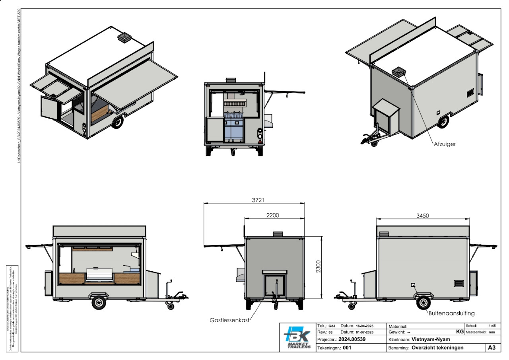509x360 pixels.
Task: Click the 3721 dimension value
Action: [x=255, y=200]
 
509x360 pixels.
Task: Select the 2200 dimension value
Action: [x=272, y=215]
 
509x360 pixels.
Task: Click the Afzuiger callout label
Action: [x=445, y=144]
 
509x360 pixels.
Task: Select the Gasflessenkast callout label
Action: [x=229, y=320]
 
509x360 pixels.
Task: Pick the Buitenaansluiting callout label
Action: [x=451, y=313]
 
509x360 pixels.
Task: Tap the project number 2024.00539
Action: [x=352, y=339]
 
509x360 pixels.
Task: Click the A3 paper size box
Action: [x=492, y=347]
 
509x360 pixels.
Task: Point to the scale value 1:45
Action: [x=492, y=325]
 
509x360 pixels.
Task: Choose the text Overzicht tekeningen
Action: [x=437, y=347]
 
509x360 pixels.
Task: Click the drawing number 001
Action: [x=347, y=348]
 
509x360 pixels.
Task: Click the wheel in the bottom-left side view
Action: [x=98, y=303]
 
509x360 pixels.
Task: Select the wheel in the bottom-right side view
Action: [x=424, y=302]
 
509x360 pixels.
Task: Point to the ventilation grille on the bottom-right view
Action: [x=459, y=283]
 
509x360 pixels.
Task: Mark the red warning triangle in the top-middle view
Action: [x=260, y=141]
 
